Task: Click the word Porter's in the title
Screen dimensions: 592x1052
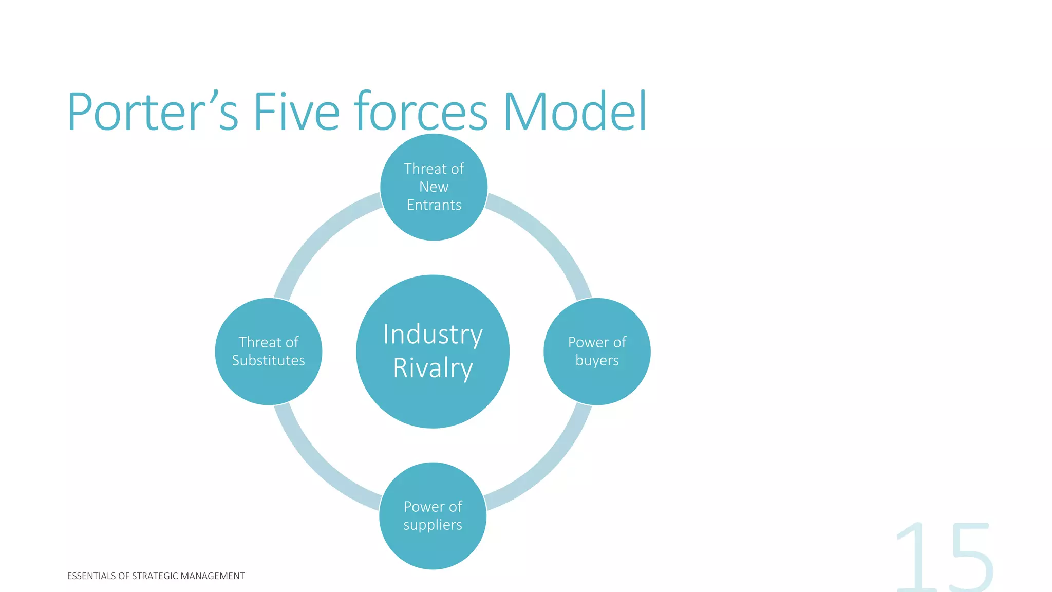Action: [153, 112]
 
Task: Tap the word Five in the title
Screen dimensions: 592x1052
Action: [296, 112]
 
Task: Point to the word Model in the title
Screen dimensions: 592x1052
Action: [575, 112]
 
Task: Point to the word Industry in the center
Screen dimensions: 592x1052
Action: [433, 335]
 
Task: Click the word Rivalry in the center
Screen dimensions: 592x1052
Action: [433, 368]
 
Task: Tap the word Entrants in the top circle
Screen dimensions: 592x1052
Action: [434, 205]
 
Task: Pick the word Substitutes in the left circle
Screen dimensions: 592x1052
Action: [268, 360]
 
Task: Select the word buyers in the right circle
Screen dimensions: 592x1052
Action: [597, 360]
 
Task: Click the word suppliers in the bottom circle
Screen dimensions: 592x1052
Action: [433, 525]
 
